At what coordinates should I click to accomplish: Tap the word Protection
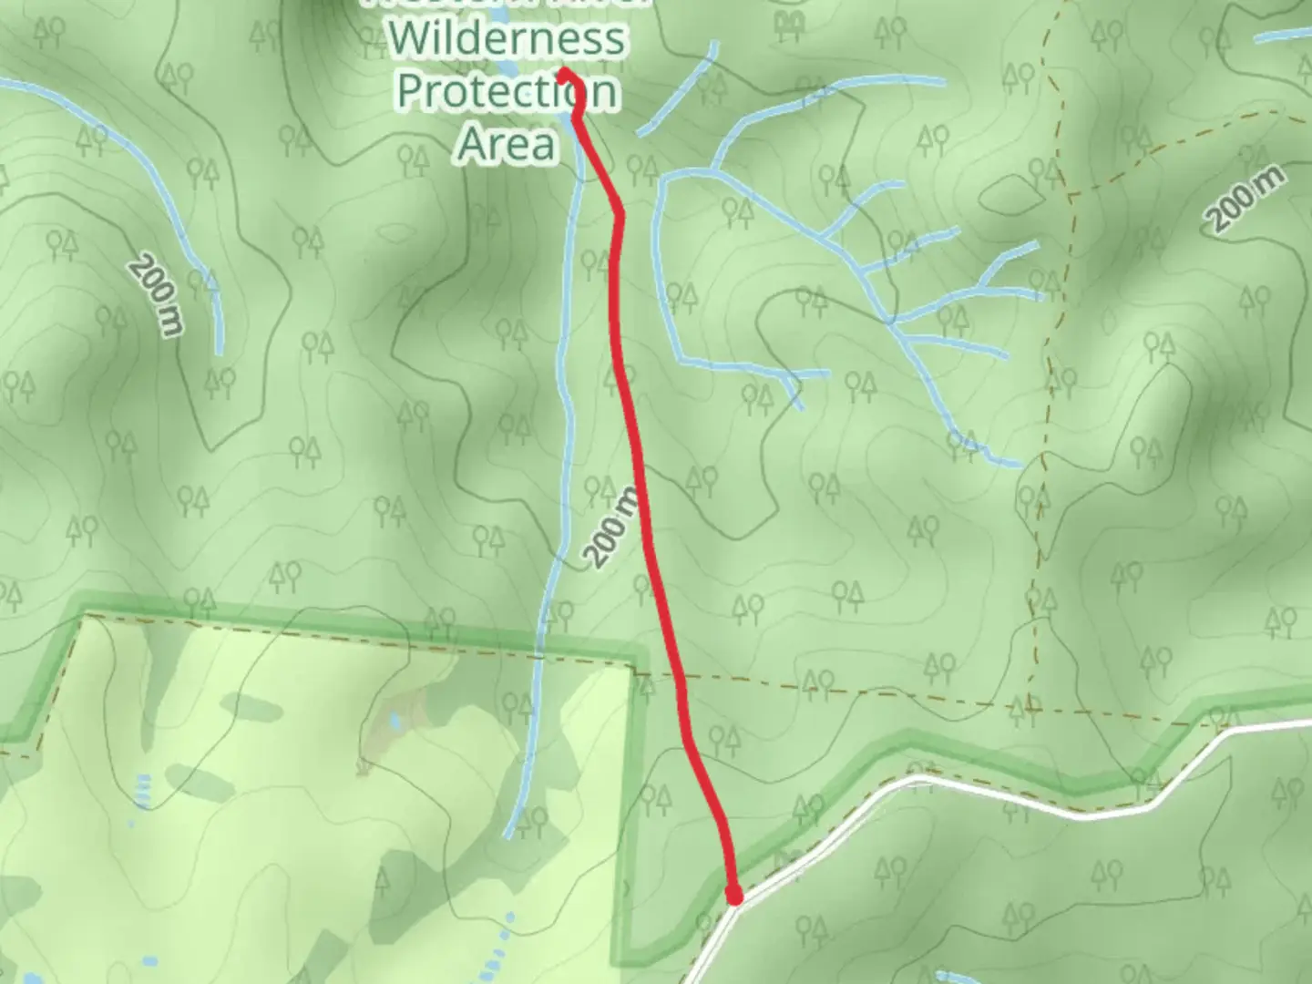pyautogui.click(x=507, y=91)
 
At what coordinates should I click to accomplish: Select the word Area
pyautogui.click(x=507, y=144)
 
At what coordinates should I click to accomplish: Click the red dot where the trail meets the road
pyautogui.click(x=734, y=897)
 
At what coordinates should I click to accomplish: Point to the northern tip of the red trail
pyautogui.click(x=565, y=73)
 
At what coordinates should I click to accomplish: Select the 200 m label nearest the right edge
pyautogui.click(x=1246, y=200)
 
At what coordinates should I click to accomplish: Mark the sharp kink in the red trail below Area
pyautogui.click(x=620, y=215)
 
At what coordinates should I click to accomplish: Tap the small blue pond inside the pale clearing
pyautogui.click(x=394, y=723)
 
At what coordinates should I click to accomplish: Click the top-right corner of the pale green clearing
pyautogui.click(x=631, y=665)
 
